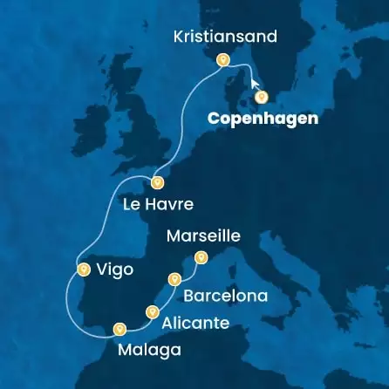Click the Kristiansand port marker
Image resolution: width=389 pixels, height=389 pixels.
222,61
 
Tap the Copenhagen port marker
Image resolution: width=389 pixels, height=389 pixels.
261,97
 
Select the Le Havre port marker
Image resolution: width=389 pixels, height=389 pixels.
157,182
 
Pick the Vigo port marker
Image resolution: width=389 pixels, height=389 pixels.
83,269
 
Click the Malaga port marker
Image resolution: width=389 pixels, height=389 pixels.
119,329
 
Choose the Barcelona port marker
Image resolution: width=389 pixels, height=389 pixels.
175,279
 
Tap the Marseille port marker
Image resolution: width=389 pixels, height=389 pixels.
201,256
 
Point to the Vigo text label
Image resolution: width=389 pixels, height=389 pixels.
116,270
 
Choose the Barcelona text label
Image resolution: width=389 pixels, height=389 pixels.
226,297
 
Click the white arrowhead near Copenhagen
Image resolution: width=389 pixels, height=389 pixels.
255,84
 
